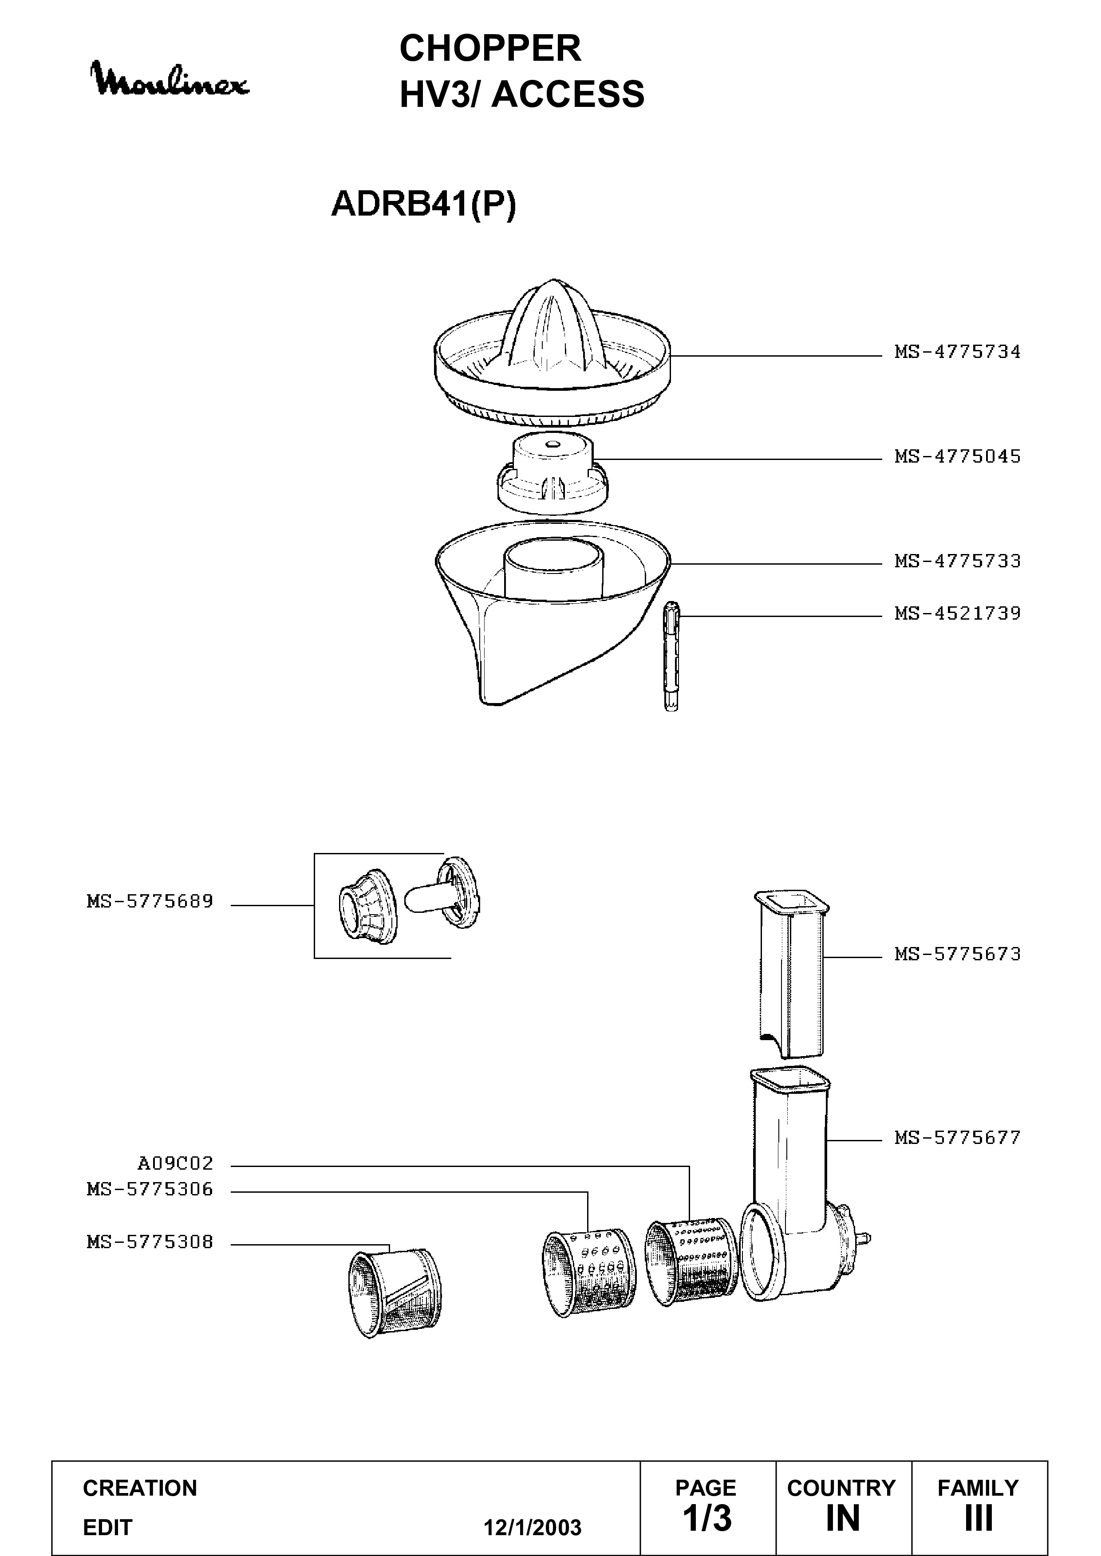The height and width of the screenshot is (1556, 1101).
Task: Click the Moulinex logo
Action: pos(171,80)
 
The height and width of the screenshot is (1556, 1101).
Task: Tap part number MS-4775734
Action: pos(957,352)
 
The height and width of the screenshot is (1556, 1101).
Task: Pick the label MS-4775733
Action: pos(957,561)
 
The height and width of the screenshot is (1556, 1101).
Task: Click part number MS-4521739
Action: pos(957,613)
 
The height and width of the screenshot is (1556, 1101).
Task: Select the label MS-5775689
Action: pos(150,901)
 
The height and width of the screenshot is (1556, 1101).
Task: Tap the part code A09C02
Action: pos(176,1163)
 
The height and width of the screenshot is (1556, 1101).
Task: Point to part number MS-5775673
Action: pos(957,954)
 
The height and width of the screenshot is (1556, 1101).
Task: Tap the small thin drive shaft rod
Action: pos(671,655)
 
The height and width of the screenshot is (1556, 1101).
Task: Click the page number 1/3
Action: pos(707,1517)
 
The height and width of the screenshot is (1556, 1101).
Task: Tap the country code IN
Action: pos(843,1518)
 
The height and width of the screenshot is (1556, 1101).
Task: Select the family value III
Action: pos(978,1518)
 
